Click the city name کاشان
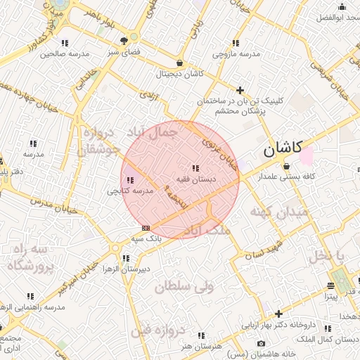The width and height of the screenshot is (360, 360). [283, 148]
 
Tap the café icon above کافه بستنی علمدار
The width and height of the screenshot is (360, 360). [286, 166]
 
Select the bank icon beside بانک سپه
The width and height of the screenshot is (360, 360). [146, 227]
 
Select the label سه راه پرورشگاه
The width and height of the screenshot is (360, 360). [31, 257]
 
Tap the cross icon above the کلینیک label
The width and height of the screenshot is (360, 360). [240, 90]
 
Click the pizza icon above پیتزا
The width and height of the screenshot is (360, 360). [330, 285]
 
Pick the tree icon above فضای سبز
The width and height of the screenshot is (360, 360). [124, 41]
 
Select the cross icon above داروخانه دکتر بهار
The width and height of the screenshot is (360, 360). [279, 314]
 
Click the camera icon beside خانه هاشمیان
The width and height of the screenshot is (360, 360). [262, 344]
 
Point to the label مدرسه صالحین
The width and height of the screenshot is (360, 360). [64, 53]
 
